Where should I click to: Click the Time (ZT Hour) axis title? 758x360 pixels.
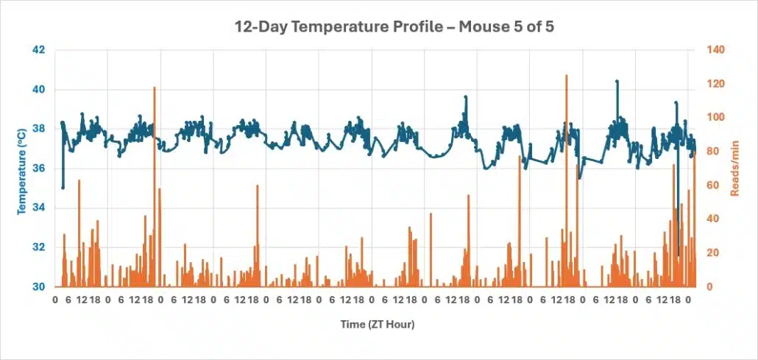(x=372, y=324)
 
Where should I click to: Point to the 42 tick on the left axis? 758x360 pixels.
(x=38, y=50)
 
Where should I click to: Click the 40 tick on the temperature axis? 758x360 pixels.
(x=38, y=90)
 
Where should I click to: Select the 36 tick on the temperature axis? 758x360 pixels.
(x=38, y=169)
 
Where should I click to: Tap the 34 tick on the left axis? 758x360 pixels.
(x=38, y=208)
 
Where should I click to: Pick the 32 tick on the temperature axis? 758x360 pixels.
(x=38, y=247)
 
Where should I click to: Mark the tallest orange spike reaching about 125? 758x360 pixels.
(x=566, y=77)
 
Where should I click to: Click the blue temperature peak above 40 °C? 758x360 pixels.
(x=617, y=82)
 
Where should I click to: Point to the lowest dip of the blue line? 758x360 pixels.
(x=679, y=255)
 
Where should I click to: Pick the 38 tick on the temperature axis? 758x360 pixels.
(x=38, y=129)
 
